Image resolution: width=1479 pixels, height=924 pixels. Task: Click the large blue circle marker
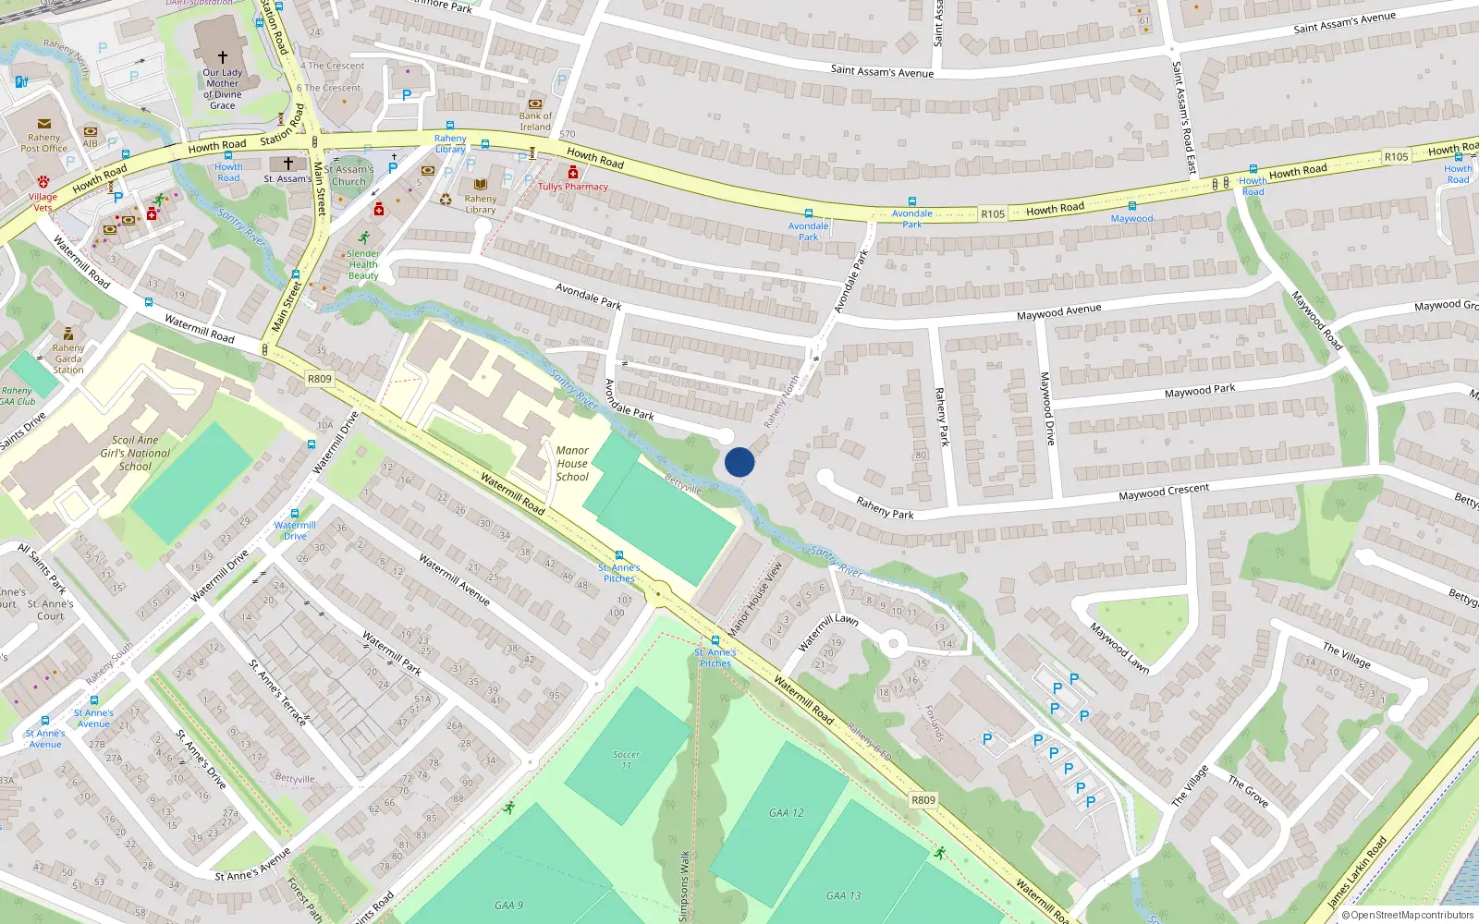[739, 462]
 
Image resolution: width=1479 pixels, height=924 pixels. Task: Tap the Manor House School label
[572, 464]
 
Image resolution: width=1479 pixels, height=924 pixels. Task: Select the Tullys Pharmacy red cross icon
[573, 173]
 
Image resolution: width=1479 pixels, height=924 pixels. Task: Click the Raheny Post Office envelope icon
[43, 124]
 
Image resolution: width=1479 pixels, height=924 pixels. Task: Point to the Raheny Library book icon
[481, 185]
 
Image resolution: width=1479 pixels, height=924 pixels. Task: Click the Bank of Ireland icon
[535, 103]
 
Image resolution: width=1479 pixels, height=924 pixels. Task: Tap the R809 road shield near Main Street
[319, 379]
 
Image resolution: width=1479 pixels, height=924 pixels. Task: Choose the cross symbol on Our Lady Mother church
[222, 56]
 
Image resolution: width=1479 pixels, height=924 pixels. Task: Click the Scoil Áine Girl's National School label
[135, 454]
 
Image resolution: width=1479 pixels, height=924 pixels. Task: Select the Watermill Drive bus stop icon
[295, 514]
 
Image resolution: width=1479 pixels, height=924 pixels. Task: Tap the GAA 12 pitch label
[787, 813]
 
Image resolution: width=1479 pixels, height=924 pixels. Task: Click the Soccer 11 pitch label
[627, 760]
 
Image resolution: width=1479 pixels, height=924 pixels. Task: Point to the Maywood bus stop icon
[1131, 207]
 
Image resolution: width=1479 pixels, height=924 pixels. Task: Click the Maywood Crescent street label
[1164, 492]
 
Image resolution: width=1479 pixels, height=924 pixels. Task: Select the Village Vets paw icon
[43, 182]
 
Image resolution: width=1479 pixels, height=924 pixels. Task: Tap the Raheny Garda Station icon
[68, 334]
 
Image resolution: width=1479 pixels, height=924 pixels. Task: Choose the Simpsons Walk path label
[684, 885]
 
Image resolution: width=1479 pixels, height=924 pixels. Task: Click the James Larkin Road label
[1357, 872]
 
